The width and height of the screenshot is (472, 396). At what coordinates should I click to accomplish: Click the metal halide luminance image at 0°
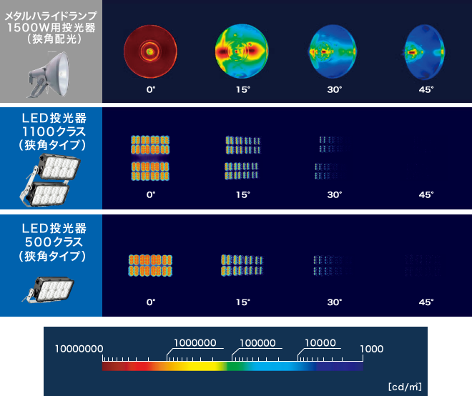point(150,51)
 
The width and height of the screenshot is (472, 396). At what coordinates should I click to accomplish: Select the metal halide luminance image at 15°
point(242,51)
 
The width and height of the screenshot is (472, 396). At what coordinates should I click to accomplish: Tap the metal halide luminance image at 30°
point(333,51)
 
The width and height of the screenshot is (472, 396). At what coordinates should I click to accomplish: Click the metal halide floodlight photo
point(49,74)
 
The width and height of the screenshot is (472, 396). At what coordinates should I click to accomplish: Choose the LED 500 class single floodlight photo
point(48,289)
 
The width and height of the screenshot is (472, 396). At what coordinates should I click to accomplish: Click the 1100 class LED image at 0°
point(150,158)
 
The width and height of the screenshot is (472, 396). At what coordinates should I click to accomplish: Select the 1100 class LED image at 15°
point(242,158)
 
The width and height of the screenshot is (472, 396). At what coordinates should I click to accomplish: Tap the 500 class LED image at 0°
point(150,265)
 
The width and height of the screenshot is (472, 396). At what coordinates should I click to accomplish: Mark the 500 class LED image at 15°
point(242,265)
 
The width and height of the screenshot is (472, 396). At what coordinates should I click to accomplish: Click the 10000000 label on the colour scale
point(79,349)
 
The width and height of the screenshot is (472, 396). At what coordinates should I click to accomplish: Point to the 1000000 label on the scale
point(195,342)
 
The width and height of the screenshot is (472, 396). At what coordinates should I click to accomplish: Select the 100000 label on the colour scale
point(257,342)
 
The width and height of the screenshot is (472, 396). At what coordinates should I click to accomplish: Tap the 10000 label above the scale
point(320,342)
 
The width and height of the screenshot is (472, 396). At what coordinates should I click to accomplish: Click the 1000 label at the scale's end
point(372,349)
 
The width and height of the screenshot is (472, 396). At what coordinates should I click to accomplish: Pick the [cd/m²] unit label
point(405,387)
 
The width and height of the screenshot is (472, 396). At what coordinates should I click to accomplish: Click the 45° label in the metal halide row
point(426,89)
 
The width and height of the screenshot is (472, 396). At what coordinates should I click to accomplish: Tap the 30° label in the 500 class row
point(335,302)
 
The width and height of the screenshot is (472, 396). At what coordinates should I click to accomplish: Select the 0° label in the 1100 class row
point(151,194)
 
